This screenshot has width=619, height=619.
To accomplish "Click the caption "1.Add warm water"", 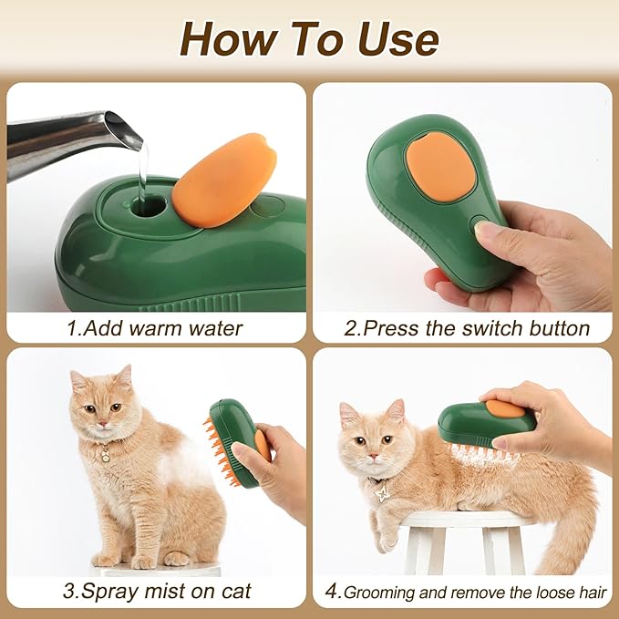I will [155, 328].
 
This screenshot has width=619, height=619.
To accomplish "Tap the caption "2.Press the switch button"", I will [466, 328].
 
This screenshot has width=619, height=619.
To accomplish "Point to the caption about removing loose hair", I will [466, 592].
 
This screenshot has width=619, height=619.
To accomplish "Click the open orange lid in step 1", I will [224, 179].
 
